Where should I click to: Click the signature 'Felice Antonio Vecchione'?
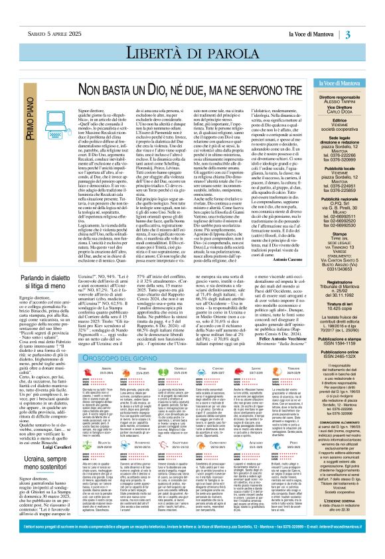tap(297, 364)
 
